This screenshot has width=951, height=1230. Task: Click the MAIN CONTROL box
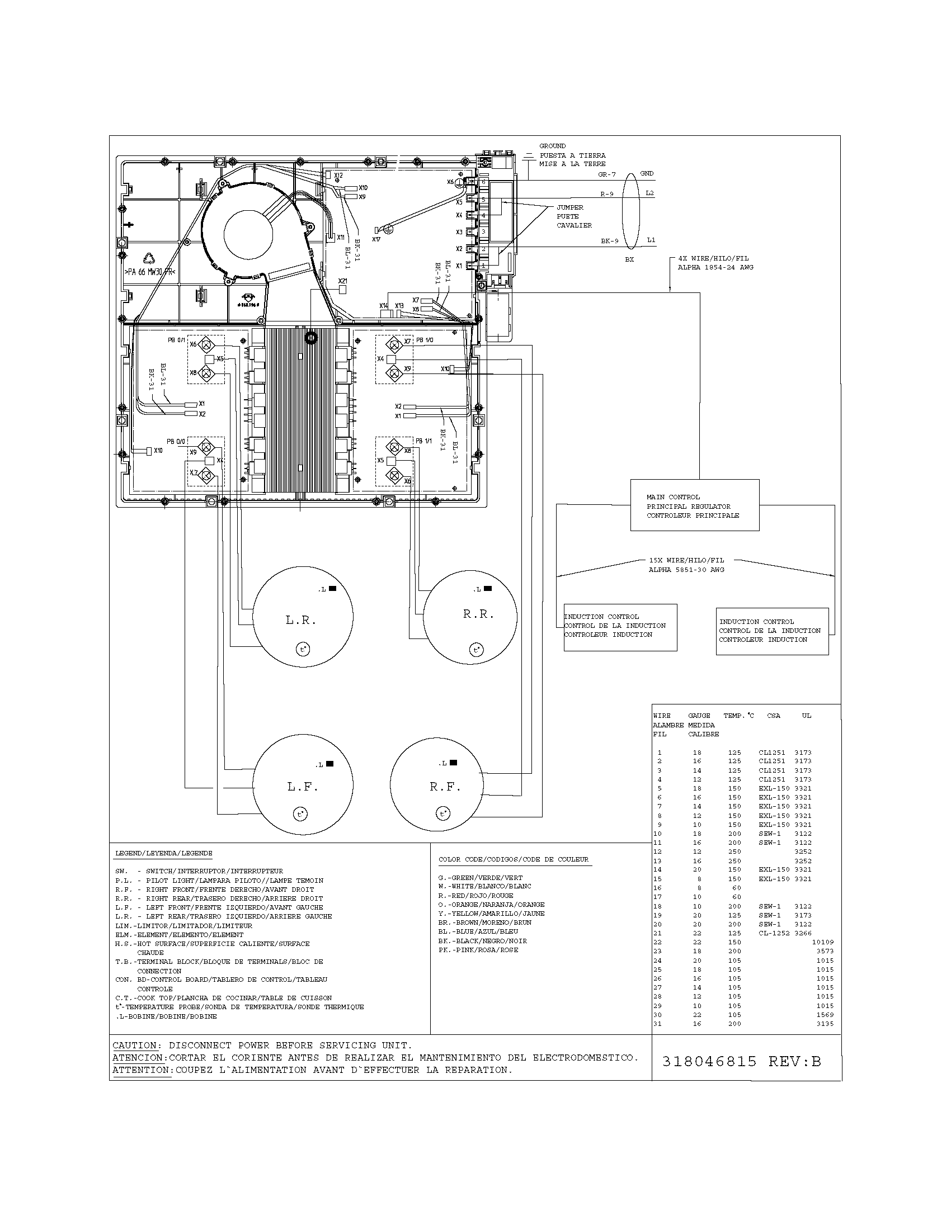coord(694,505)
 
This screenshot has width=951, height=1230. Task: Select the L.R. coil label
coord(300,621)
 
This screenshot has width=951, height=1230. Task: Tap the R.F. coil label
coord(445,787)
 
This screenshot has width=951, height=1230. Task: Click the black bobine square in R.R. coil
coord(488,589)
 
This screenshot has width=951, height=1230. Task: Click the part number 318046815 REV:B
coord(741,1062)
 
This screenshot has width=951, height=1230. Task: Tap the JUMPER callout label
coord(569,207)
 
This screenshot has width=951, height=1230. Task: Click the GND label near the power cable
coord(647,173)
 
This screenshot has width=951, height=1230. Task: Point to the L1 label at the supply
coord(651,240)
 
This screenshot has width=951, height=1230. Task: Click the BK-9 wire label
coord(609,241)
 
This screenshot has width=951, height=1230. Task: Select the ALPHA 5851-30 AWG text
coord(686,570)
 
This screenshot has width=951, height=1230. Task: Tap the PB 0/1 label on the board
coord(175,340)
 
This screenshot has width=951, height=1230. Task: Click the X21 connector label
coord(342,281)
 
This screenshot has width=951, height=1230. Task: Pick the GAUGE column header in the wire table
coord(699,716)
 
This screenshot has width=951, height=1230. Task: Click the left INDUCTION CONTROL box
coord(620,627)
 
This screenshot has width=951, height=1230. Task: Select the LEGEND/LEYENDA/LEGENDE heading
coord(163,853)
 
